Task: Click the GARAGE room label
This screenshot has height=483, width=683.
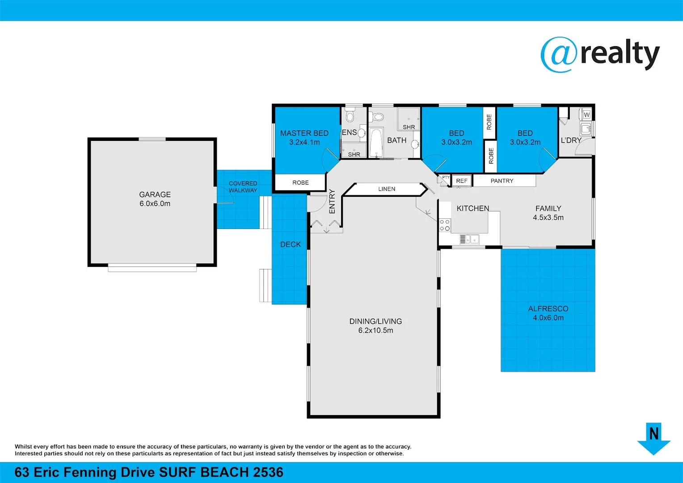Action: point(155,195)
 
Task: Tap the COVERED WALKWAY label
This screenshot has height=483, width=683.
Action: point(243,187)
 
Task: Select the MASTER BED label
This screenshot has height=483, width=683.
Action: point(304,133)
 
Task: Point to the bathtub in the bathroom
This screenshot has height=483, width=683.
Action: point(376,142)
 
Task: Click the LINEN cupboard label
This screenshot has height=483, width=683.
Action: point(387,189)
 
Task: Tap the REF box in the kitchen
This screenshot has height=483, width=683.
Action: point(462,181)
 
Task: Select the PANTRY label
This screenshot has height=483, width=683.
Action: point(502,181)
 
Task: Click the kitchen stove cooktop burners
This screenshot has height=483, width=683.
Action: point(444,225)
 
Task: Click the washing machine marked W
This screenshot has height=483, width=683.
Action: point(586,114)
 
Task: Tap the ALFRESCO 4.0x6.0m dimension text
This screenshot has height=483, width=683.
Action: point(548,318)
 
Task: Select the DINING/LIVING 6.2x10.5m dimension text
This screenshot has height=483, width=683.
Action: point(375,330)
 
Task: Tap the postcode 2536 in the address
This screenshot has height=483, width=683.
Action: point(268,472)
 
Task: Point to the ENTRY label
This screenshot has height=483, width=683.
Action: point(332,201)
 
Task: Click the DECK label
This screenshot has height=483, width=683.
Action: point(291,245)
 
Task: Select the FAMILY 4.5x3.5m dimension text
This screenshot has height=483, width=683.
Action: point(548,218)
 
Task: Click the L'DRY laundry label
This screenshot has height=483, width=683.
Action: point(571,140)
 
